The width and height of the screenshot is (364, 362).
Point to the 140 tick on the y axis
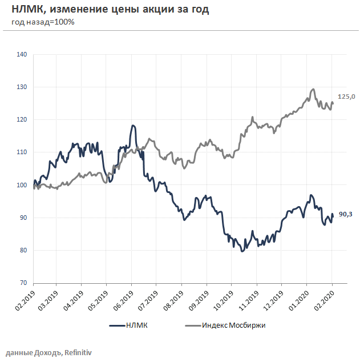(x=23, y=55)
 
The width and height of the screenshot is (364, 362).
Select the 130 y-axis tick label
(x=23, y=87)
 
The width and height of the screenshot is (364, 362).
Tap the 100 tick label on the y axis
(x=23, y=185)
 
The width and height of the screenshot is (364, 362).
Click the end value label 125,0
(x=346, y=97)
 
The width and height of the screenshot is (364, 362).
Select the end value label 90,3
(x=346, y=215)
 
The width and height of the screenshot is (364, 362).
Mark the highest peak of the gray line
(x=313, y=89)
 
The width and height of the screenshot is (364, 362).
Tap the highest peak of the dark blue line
(x=133, y=125)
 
